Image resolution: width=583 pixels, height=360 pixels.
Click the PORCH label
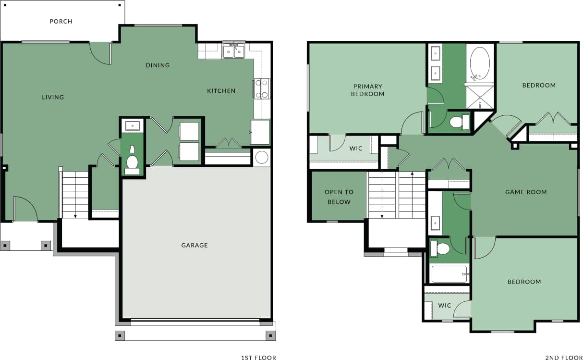pyautogui.click(x=61, y=21)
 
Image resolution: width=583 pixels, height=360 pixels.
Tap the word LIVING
pyautogui.click(x=53, y=97)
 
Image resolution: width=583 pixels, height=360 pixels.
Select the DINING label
pyautogui.click(x=158, y=65)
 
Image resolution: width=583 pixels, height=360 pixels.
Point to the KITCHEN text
pyautogui.click(x=221, y=91)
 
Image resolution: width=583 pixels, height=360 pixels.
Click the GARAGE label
pyautogui.click(x=194, y=245)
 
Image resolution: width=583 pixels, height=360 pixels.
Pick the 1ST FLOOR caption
pyautogui.click(x=258, y=357)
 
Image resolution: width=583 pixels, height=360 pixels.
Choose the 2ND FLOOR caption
pyautogui.click(x=564, y=357)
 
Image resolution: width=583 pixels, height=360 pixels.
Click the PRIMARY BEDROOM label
pyautogui.click(x=367, y=90)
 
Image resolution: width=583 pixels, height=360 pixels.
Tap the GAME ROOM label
pyautogui.click(x=526, y=192)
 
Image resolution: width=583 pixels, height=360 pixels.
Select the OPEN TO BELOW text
pyautogui.click(x=339, y=197)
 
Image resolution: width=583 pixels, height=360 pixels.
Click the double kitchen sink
pyautogui.click(x=234, y=50)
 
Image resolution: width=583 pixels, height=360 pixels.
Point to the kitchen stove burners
pyautogui.click(x=262, y=89)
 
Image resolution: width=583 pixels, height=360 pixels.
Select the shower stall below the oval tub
pyautogui.click(x=480, y=97)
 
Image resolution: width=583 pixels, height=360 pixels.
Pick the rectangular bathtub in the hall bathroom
pyautogui.click(x=449, y=274)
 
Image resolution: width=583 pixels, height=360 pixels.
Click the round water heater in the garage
pyautogui.click(x=262, y=157)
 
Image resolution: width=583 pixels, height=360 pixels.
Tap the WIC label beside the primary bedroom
pyautogui.click(x=356, y=149)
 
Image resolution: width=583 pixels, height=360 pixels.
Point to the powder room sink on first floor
pyautogui.click(x=132, y=126)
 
